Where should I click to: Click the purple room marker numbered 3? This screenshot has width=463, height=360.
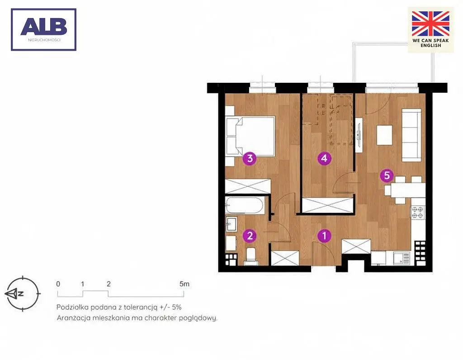(x=250, y=159)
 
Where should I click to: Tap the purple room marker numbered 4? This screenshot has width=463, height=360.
(x=324, y=158)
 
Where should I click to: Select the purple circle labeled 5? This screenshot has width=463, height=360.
(x=387, y=175)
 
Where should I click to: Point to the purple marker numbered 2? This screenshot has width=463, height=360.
(x=250, y=236)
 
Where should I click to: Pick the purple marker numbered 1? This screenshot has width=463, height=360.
(x=325, y=236)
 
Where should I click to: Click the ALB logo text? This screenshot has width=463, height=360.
(x=44, y=26)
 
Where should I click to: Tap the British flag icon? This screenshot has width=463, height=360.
(x=430, y=24)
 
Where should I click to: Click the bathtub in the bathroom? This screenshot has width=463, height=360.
(x=245, y=205)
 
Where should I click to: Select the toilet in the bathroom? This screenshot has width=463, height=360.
(x=251, y=256)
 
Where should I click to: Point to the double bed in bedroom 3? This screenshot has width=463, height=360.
(x=250, y=136)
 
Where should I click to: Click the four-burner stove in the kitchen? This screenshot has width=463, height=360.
(x=417, y=213)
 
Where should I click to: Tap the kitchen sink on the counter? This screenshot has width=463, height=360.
(x=402, y=258)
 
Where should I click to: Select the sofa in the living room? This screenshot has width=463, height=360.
(x=411, y=135)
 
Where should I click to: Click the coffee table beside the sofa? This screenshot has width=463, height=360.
(x=384, y=135)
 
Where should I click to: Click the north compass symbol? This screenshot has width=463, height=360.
(x=23, y=294)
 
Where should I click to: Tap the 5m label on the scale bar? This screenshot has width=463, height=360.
(x=184, y=284)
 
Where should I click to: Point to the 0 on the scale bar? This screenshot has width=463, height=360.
(x=58, y=284)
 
